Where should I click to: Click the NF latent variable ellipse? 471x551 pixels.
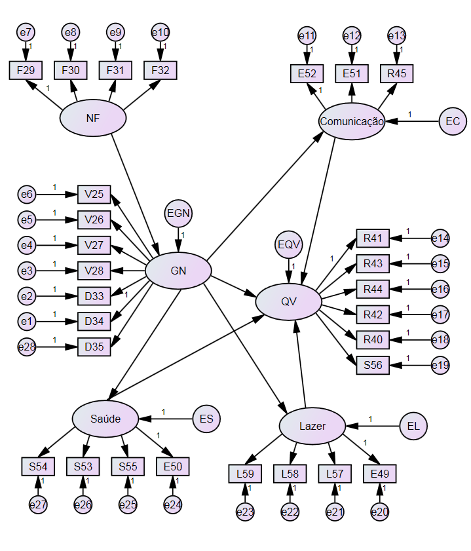[92, 118]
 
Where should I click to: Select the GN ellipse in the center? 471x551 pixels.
[178, 271]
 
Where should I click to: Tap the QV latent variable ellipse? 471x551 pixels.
[288, 302]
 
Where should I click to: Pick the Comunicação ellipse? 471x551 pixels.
[352, 121]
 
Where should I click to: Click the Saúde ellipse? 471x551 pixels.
[105, 419]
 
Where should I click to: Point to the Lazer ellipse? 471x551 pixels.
[312, 426]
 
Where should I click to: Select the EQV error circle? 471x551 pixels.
[288, 245]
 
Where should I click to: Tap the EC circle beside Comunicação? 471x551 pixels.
[452, 122]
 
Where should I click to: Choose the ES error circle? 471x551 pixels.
[207, 419]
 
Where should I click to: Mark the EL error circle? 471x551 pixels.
[413, 426]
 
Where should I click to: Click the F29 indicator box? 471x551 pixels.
[26, 70]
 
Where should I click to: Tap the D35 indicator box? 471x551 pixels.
[94, 346]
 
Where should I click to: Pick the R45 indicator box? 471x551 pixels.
[396, 73]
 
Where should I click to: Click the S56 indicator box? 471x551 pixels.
[372, 365]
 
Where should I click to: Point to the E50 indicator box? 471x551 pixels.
[172, 466]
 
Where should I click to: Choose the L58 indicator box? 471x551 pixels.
[290, 472]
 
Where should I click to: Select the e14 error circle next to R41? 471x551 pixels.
[440, 238]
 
